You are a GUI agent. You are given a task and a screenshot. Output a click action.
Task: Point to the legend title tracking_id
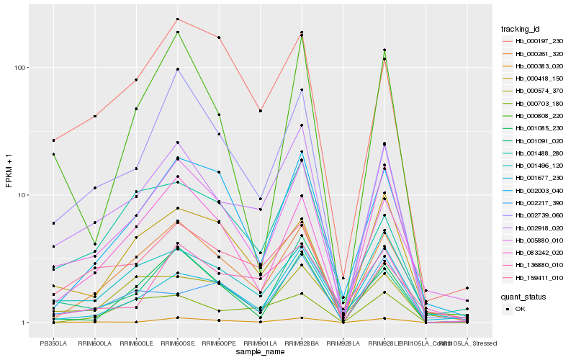tap(526, 29)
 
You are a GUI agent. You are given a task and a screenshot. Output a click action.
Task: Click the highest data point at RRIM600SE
tap(177, 19)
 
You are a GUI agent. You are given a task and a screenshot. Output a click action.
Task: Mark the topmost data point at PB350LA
tap(53, 140)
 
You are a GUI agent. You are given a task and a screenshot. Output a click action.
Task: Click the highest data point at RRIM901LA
tap(260, 111)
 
